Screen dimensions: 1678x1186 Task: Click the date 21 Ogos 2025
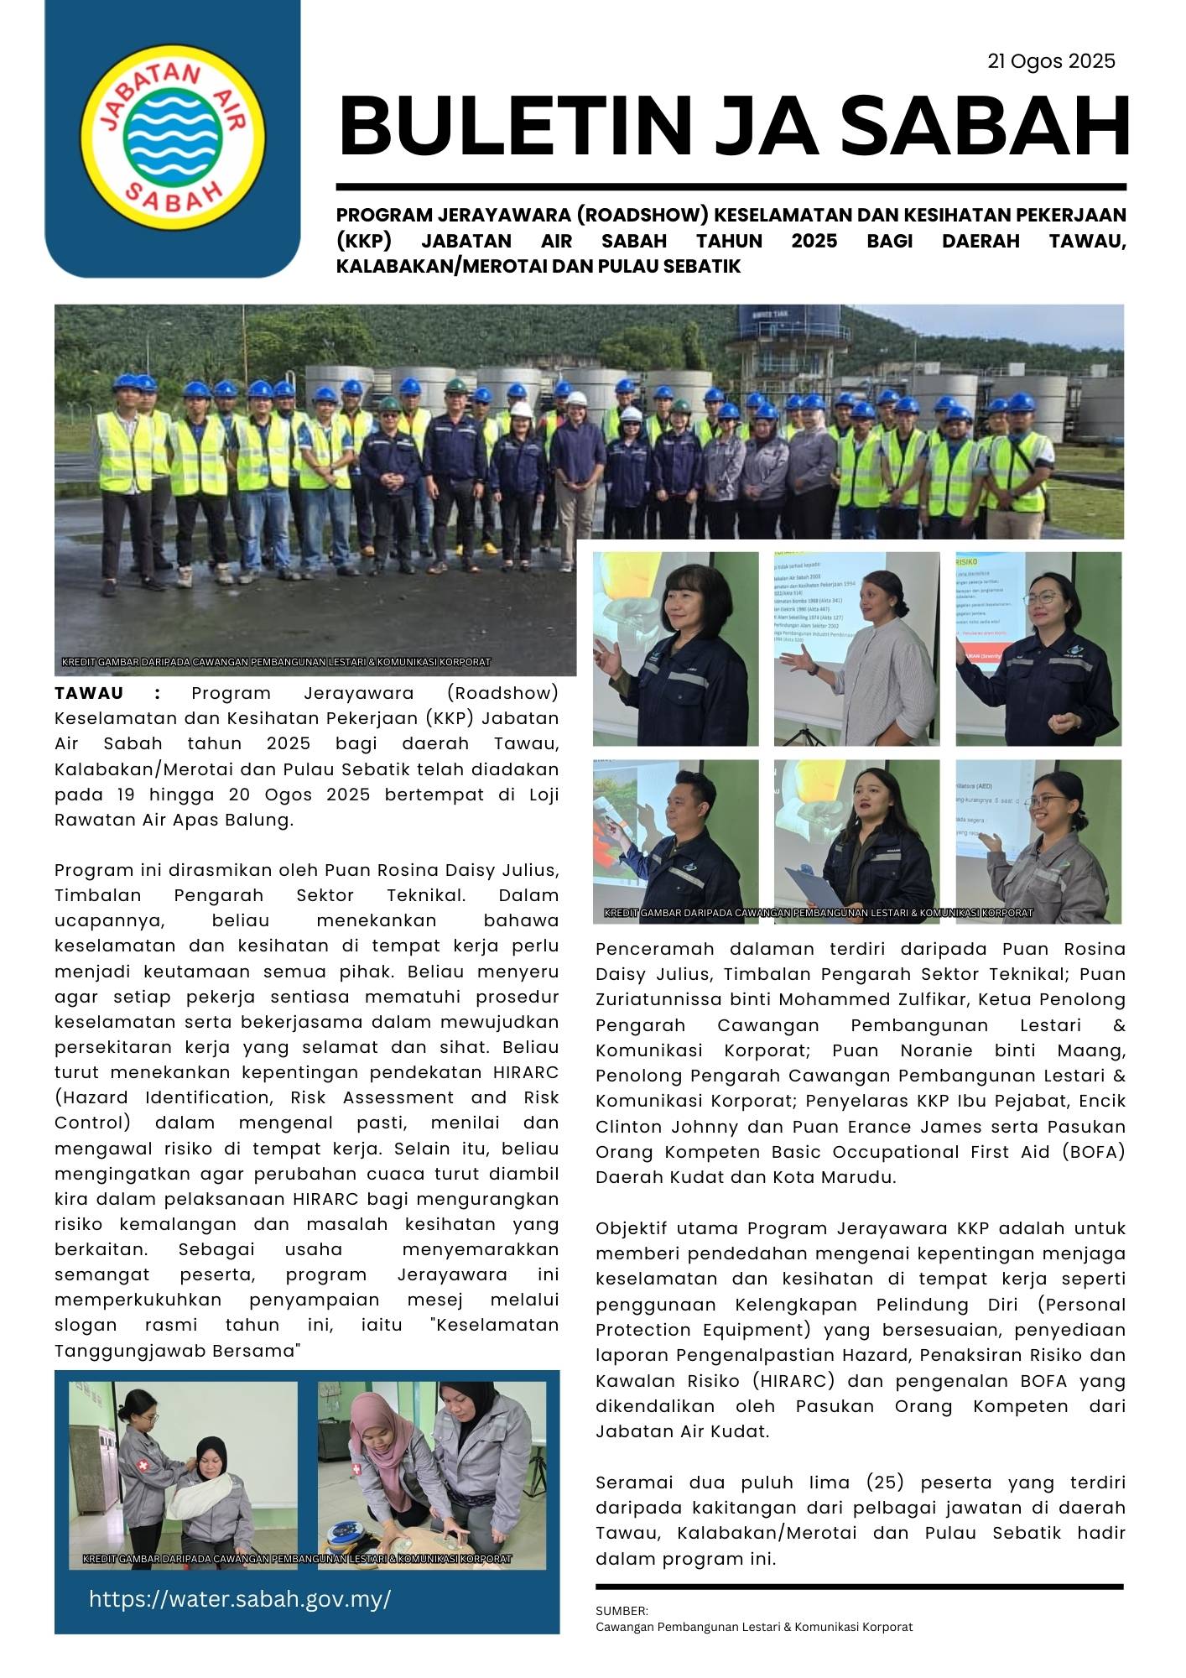pyautogui.click(x=1051, y=61)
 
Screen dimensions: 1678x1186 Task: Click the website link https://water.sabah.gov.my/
pyautogui.click(x=240, y=1598)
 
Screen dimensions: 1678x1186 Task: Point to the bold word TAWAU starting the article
pyautogui.click(x=89, y=693)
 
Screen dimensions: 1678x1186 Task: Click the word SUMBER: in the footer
pyautogui.click(x=622, y=1611)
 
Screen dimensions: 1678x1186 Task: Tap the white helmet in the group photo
pyautogui.click(x=522, y=409)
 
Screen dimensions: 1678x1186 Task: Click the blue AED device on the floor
pyautogui.click(x=347, y=1533)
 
